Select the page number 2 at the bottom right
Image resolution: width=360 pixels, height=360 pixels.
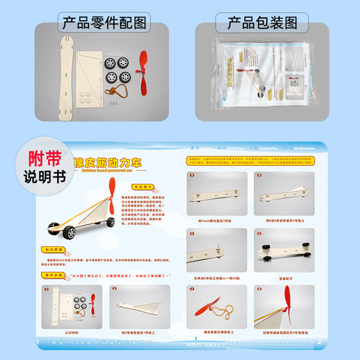(x=318, y=341)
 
